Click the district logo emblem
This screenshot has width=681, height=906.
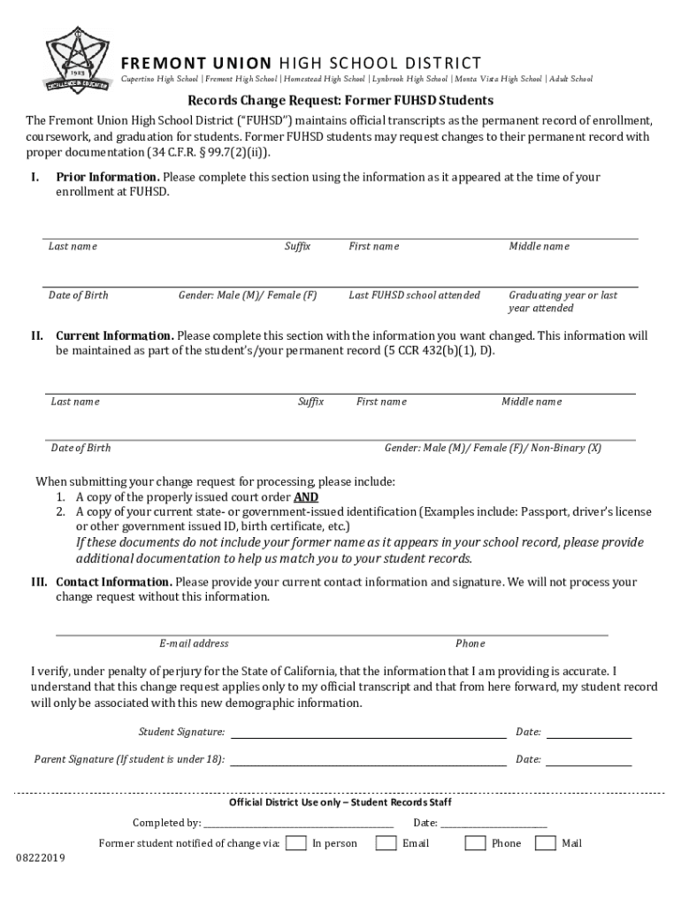tap(77, 59)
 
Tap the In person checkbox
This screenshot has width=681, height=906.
tap(297, 842)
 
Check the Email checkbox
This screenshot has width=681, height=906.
tap(386, 842)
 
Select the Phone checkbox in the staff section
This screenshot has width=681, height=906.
tap(475, 842)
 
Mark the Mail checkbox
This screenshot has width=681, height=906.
tap(546, 842)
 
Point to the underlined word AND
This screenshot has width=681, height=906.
tap(306, 497)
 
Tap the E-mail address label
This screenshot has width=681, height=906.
tap(194, 643)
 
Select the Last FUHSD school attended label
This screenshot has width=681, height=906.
tap(414, 295)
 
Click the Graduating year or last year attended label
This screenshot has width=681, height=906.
tap(562, 301)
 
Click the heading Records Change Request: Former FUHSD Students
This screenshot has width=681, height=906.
tap(340, 101)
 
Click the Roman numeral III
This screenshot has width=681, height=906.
tap(39, 582)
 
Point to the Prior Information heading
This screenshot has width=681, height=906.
tap(107, 177)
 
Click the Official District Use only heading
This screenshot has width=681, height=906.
tap(340, 802)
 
